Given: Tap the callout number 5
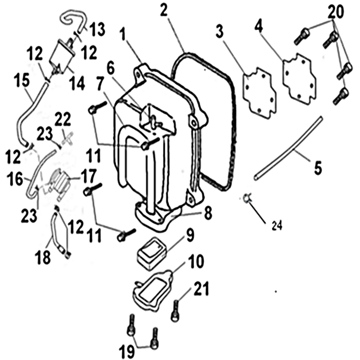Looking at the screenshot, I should click(318, 168).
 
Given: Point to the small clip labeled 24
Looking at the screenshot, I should click(247, 197).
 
